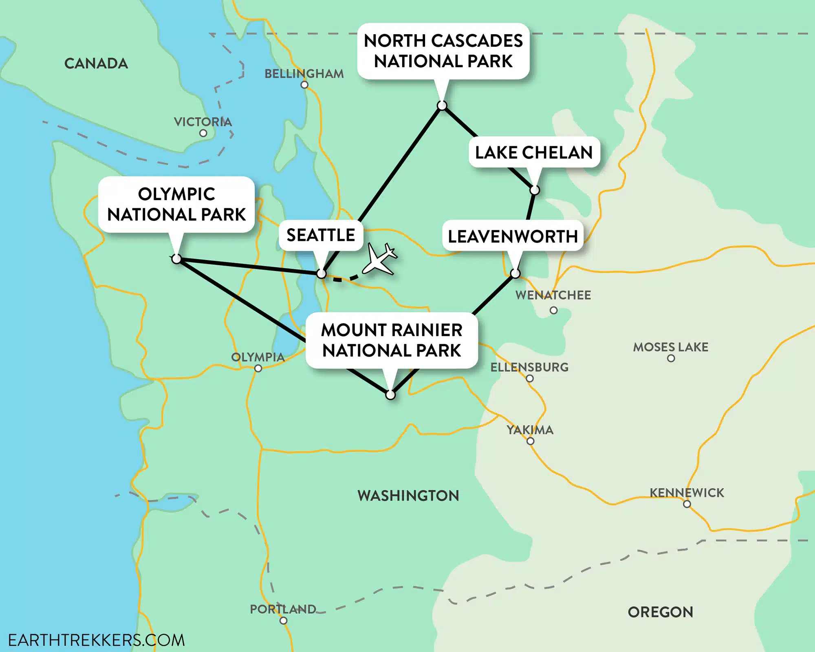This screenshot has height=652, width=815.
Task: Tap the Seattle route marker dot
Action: (x=322, y=274)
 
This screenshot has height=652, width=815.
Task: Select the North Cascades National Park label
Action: (x=443, y=51)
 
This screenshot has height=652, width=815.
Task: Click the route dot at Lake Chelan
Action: (x=535, y=190)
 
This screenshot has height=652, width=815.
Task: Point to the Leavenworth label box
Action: (x=513, y=236)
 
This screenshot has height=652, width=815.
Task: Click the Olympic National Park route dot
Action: (x=176, y=259)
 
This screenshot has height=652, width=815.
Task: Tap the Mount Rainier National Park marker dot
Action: (x=390, y=395)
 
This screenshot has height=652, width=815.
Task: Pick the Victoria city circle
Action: (x=203, y=133)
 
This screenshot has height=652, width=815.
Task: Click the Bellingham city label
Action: (x=304, y=74)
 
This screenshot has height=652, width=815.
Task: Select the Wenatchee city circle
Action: (x=553, y=310)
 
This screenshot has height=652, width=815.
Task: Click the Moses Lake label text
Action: (x=670, y=347)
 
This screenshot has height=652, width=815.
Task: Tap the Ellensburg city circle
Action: (x=530, y=379)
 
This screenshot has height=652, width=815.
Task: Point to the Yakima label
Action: (x=530, y=430)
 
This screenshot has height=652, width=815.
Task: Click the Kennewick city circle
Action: (x=687, y=504)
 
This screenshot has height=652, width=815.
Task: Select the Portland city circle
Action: (x=283, y=621)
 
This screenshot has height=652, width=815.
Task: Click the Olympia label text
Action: (x=258, y=357)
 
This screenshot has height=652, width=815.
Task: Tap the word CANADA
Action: (x=96, y=64)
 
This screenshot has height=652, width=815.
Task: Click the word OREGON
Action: (x=660, y=612)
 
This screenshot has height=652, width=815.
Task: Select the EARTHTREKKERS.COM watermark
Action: (x=97, y=640)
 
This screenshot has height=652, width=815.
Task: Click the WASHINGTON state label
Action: (x=408, y=496)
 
